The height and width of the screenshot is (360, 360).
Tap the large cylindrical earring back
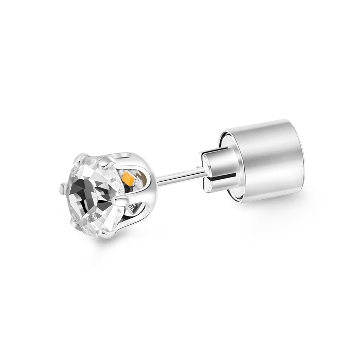click(x=267, y=158)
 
